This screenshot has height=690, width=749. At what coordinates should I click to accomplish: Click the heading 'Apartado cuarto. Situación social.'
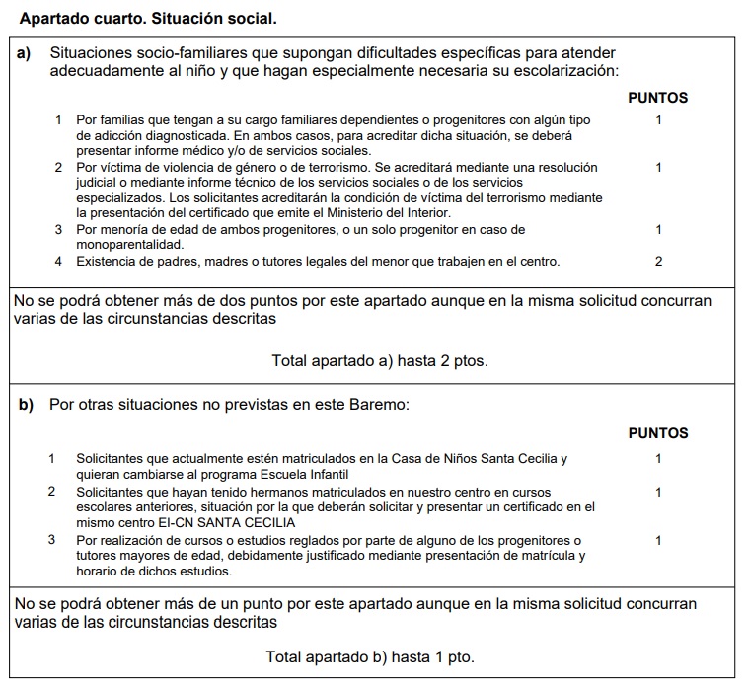tap(148, 18)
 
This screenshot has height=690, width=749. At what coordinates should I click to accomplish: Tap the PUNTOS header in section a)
tap(658, 98)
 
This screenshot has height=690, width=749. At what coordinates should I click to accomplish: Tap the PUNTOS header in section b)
tap(658, 433)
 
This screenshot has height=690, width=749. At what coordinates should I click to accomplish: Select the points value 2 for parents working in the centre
tap(658, 262)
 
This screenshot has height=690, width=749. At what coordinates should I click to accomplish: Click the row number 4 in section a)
tap(58, 262)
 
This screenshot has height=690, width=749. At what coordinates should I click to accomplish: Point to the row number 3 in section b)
tap(51, 540)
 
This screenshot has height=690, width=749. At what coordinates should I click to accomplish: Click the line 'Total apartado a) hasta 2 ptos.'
tap(380, 361)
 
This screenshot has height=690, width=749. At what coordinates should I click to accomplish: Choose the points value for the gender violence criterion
tap(658, 168)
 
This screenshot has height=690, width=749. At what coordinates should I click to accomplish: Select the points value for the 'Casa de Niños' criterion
tap(658, 459)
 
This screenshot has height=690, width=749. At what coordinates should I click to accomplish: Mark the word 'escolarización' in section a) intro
tap(566, 71)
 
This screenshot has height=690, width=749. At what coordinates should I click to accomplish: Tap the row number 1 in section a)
tap(58, 120)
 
